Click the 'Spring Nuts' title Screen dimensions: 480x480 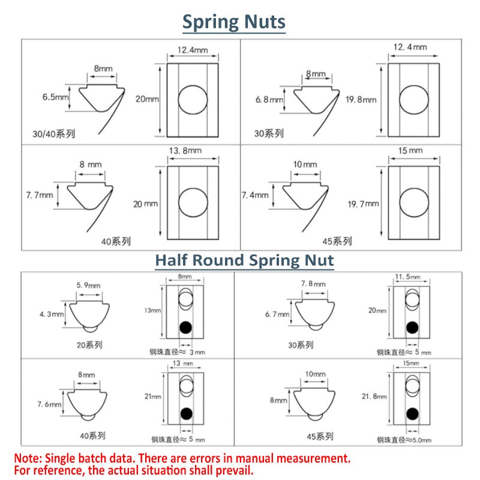[x=234, y=22]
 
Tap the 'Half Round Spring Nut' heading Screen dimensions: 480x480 [x=244, y=260]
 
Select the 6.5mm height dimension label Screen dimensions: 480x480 [x=55, y=97]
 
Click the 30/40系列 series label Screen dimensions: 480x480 [x=54, y=134]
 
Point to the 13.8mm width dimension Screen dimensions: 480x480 [x=185, y=151]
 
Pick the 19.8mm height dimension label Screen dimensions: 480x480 [x=361, y=100]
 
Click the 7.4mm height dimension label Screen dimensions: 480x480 [x=255, y=195]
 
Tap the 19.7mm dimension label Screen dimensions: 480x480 [x=364, y=204]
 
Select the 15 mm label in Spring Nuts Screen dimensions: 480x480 [x=410, y=151]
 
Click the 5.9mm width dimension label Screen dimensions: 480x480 [x=88, y=286]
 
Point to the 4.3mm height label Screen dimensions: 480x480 [x=52, y=314]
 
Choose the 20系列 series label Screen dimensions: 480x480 [x=89, y=345]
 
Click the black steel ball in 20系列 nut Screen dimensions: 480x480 [x=186, y=327]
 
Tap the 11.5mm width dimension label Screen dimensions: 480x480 [x=407, y=277]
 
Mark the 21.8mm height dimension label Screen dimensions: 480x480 [x=374, y=397]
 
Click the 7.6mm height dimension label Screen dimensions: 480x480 [x=49, y=404]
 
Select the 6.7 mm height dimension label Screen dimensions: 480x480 [x=277, y=314]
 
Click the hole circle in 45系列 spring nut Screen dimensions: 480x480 [x=414, y=202]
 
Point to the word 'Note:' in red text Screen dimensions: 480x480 [x=28, y=458]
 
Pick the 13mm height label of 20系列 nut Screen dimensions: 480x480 [x=152, y=310]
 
